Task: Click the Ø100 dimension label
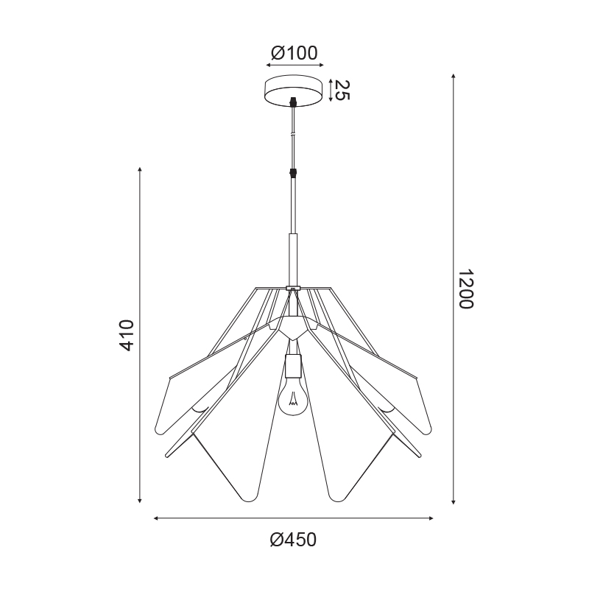[x=294, y=53]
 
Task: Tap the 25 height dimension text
[x=342, y=90]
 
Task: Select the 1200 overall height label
[x=466, y=289]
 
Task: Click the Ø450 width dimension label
[x=293, y=540]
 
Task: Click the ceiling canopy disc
[x=294, y=91]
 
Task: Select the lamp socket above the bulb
[x=292, y=366]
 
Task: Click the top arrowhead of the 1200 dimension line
[x=454, y=76]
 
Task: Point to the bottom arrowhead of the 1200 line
[x=454, y=501]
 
